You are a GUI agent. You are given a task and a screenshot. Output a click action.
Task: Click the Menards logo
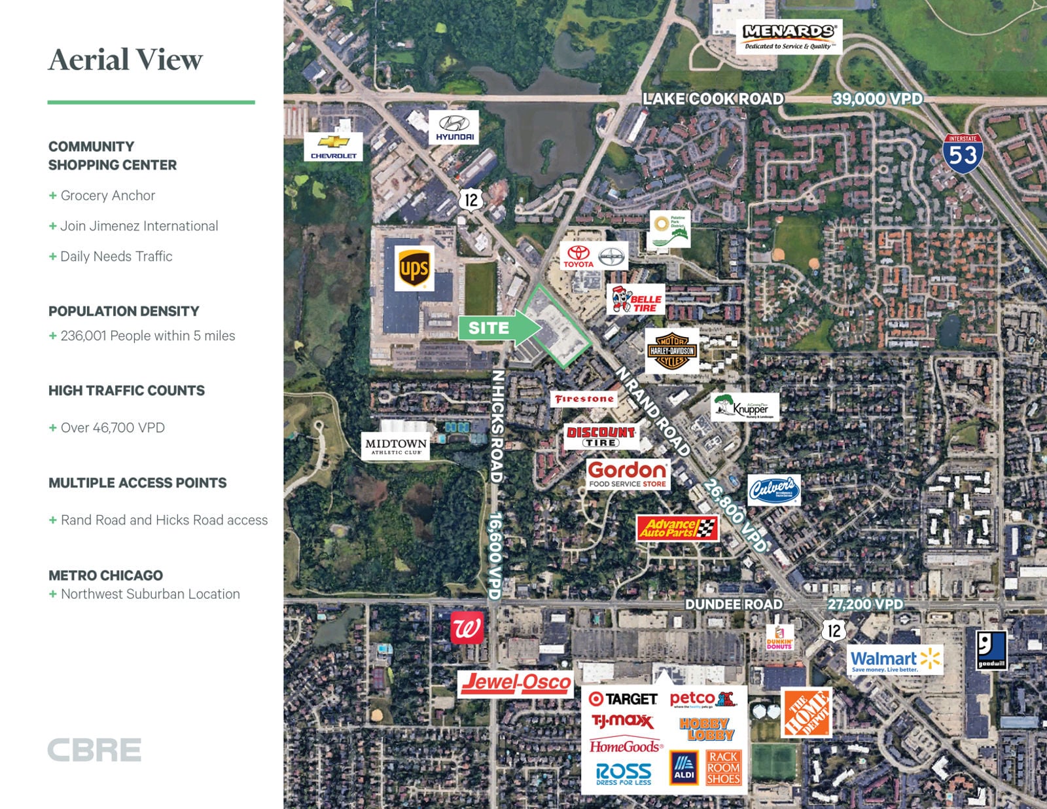[789, 36]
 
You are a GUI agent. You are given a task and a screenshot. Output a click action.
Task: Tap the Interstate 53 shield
[963, 153]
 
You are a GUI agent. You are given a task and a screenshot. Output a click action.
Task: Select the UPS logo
[414, 268]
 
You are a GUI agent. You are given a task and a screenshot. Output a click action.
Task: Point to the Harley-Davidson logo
[672, 351]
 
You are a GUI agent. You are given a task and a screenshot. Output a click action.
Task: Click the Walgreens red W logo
[467, 628]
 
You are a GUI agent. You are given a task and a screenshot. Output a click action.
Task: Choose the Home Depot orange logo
[807, 713]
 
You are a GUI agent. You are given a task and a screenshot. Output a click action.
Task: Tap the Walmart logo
[895, 660]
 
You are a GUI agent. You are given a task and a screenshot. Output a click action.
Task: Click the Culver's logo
[773, 490]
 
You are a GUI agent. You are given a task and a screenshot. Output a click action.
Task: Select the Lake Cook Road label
[713, 99]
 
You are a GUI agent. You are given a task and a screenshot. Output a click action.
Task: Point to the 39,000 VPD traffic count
[877, 99]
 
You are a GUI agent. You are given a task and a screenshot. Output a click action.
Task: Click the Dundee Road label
[733, 603]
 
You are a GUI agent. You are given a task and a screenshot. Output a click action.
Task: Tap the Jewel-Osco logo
[516, 683]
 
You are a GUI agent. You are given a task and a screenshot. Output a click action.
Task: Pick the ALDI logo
[684, 767]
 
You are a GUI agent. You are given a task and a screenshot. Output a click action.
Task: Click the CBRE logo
[94, 750]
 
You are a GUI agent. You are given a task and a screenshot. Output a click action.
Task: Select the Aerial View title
[126, 60]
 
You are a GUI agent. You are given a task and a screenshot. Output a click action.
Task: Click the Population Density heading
[124, 311]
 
